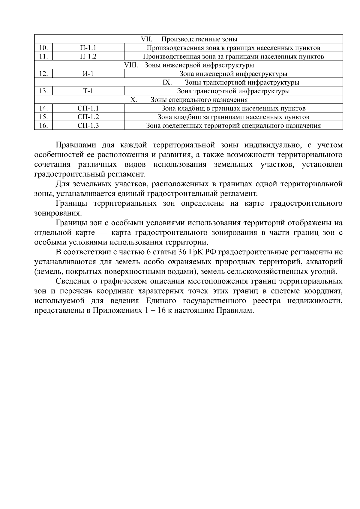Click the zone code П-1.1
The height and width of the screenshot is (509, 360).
(88, 48)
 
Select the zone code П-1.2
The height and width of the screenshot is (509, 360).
(88, 57)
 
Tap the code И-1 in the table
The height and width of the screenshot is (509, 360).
(88, 74)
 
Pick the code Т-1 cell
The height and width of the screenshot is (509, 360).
(88, 91)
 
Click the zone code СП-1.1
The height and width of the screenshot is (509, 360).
(88, 109)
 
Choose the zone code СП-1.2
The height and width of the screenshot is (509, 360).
(88, 117)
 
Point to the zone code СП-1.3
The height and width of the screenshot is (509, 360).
(88, 126)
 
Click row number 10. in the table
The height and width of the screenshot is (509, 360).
(43, 48)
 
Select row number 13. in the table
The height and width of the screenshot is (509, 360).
(43, 91)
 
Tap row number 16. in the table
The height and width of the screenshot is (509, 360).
(43, 126)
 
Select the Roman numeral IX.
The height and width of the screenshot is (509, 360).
(167, 82)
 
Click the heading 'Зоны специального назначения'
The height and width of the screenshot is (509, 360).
(199, 100)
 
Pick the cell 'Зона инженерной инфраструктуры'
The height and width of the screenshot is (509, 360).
(233, 74)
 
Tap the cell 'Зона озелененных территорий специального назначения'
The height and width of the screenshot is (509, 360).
(233, 126)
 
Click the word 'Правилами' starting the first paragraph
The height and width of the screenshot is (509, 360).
(76, 145)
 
